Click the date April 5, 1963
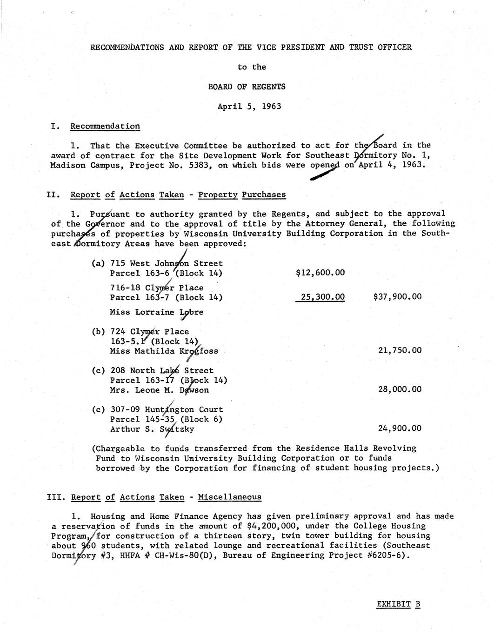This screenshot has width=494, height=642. click(249, 106)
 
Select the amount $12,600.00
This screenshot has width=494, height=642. click(320, 273)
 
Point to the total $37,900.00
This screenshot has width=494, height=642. click(397, 297)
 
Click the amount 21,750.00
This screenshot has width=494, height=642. click(400, 350)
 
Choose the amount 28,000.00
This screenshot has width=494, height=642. click(400, 389)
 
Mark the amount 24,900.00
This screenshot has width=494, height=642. click(400, 428)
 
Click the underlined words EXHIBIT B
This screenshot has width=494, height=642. click(398, 604)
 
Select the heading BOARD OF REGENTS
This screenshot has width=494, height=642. click(249, 87)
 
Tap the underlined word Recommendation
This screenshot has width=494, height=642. click(105, 126)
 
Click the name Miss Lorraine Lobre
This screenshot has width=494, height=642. click(157, 312)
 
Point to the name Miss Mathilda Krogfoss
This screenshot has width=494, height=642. click(164, 351)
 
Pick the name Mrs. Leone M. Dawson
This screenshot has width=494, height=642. click(159, 390)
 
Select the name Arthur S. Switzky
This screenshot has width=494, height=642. click(152, 429)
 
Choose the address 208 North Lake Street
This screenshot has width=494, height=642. click(162, 370)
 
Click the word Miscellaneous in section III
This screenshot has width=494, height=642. click(230, 497)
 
